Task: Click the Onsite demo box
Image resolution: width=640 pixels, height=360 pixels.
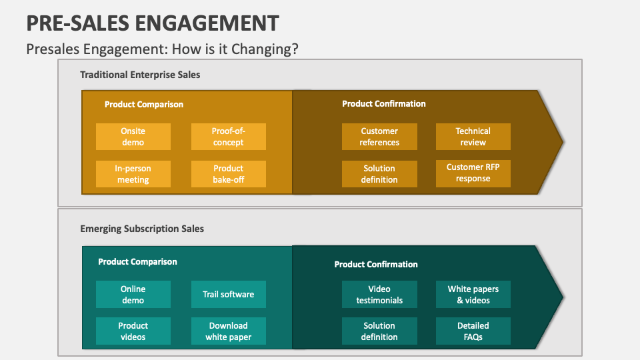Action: click(x=133, y=137)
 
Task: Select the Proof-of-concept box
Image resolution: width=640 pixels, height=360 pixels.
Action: click(x=228, y=137)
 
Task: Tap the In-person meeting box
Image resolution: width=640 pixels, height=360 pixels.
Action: click(x=133, y=174)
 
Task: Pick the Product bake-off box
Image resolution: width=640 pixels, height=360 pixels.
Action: click(x=228, y=174)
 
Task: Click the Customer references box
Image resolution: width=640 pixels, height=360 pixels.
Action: click(x=379, y=137)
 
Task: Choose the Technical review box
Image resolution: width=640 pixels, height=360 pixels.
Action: click(x=473, y=137)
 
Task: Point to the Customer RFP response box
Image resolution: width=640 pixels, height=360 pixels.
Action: click(x=473, y=173)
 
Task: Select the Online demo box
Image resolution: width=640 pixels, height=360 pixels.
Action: click(x=133, y=295)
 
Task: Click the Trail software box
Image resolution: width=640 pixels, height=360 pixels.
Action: click(x=228, y=294)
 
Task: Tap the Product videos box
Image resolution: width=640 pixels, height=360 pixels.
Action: click(x=133, y=331)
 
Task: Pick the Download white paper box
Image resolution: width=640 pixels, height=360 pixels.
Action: click(x=228, y=331)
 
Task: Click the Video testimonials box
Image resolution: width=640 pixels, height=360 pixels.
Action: click(x=379, y=295)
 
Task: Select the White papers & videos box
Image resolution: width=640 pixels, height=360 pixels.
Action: click(x=473, y=295)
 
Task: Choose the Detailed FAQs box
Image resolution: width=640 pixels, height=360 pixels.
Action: click(x=473, y=331)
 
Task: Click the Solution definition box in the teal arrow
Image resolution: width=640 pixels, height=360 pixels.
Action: click(x=379, y=331)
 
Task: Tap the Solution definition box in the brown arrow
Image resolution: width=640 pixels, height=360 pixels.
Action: click(x=379, y=174)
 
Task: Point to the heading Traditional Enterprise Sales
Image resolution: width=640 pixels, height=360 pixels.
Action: click(x=140, y=75)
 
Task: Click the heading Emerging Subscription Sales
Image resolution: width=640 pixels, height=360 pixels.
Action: click(x=142, y=229)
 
